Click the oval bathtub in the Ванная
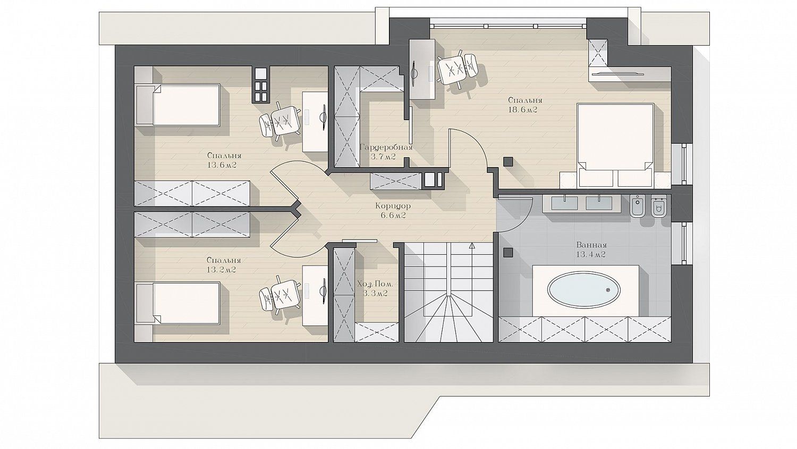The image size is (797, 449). [583, 289]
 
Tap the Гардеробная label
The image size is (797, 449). [386, 147]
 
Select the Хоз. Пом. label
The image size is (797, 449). [375, 285]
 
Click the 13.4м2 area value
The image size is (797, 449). [591, 254]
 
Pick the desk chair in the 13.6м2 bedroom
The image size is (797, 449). [281, 121]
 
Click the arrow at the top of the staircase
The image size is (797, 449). [472, 246]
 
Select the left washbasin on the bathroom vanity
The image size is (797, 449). [564, 203]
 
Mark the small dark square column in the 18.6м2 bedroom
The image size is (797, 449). [508, 162]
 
